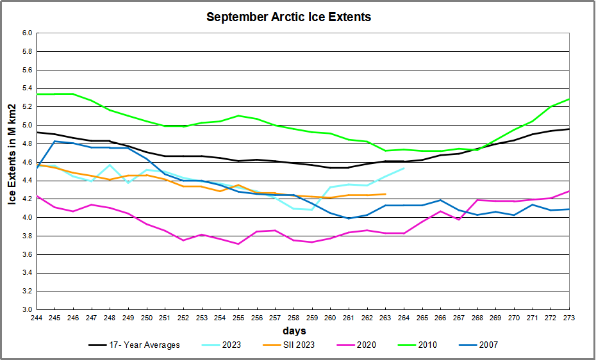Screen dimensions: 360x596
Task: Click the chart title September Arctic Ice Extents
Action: point(288,17)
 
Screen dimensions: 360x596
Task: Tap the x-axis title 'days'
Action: point(294,331)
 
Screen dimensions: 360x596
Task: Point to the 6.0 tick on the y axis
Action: point(28,33)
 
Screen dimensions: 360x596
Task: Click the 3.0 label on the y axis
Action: point(28,310)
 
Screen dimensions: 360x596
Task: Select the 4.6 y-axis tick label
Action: point(28,163)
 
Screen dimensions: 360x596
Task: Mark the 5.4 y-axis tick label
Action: point(28,88)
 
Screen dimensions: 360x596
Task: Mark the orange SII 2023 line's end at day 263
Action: point(385,194)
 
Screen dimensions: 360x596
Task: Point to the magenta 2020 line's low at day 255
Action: point(238,244)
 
